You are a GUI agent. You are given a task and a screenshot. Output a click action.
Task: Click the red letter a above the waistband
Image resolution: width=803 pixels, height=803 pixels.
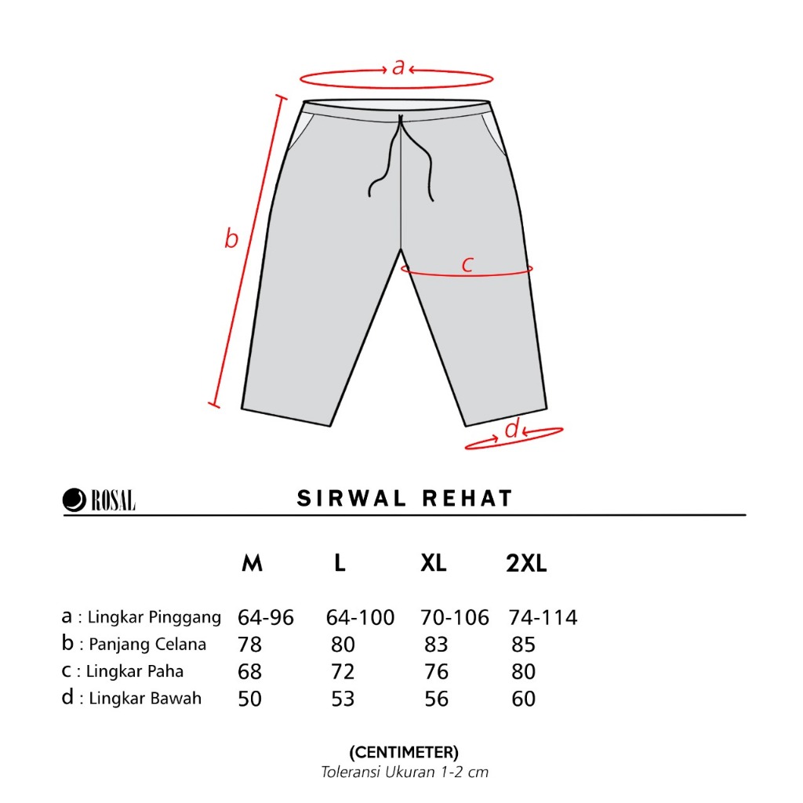[x=398, y=67]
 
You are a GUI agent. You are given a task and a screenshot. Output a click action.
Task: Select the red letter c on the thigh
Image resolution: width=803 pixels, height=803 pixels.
[x=467, y=263]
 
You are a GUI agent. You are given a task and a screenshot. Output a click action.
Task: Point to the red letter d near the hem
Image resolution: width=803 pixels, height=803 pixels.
[x=512, y=428]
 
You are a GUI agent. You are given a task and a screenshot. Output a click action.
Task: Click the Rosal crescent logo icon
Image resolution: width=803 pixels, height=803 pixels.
[x=74, y=500]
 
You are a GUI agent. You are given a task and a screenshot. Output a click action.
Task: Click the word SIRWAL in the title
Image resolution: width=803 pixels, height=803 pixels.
[x=351, y=498]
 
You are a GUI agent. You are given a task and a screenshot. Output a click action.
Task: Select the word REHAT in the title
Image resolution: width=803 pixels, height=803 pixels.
[x=467, y=498]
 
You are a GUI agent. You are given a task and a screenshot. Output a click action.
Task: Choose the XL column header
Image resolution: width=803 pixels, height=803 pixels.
[x=433, y=563]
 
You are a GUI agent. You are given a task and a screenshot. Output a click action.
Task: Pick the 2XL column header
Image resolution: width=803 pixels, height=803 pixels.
[x=526, y=563]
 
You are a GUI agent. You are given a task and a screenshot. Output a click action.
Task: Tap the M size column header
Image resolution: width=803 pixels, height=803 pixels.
[x=252, y=563]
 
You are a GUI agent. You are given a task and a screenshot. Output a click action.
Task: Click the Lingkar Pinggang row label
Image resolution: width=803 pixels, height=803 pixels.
[x=154, y=618]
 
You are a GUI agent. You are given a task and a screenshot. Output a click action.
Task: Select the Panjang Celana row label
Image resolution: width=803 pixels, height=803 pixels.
[x=147, y=645]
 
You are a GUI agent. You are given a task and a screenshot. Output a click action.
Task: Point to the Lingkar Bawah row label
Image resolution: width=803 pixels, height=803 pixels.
[x=145, y=698]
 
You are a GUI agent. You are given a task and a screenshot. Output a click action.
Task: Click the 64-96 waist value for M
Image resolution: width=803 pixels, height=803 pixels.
[x=266, y=618]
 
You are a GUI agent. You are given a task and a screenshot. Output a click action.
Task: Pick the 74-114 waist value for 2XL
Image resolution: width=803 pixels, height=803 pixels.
[x=543, y=618]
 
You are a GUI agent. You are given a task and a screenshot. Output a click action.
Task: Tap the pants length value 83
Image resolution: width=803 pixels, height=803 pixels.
[x=436, y=645]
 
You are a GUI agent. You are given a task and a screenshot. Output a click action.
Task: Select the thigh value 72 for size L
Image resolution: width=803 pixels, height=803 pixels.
[x=343, y=671]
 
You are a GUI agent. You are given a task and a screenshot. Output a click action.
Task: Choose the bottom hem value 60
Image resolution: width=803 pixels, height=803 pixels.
[x=523, y=699]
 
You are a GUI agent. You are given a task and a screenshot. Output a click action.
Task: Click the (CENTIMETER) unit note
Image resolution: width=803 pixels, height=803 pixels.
[x=404, y=752]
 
